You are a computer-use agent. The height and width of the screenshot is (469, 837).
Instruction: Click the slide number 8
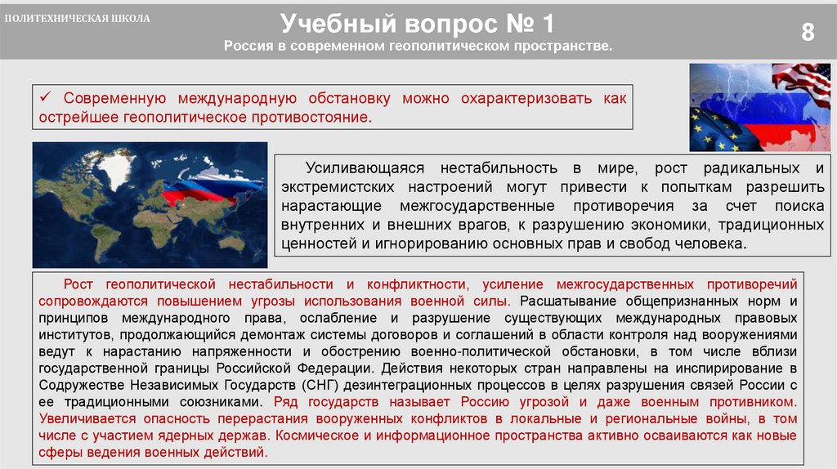[808, 32]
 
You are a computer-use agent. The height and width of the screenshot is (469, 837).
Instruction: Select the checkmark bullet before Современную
[46, 99]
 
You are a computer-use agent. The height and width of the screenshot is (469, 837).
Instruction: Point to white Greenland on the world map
[119, 168]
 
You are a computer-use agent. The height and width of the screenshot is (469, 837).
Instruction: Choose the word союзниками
[216, 403]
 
